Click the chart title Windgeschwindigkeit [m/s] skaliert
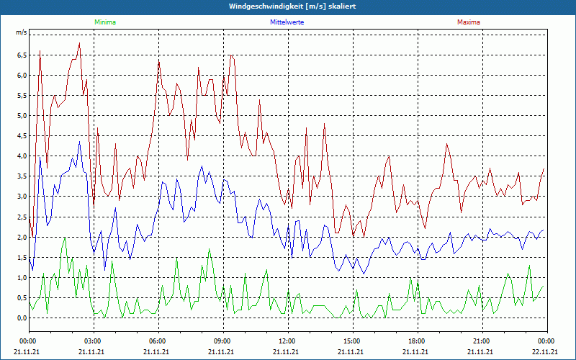click(287, 6)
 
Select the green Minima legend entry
click(104, 22)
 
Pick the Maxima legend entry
click(469, 22)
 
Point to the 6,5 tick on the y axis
click(22, 55)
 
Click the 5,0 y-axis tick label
click(22, 116)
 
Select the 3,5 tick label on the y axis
click(22, 176)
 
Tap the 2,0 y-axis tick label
click(22, 237)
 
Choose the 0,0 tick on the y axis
click(22, 318)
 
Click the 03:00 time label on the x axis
click(93, 341)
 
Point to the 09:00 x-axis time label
click(222, 341)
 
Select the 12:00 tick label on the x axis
click(287, 341)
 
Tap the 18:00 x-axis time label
click(417, 341)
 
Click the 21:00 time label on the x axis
click(482, 341)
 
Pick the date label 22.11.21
click(545, 352)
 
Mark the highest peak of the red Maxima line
click(79, 43)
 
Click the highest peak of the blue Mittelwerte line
click(79, 141)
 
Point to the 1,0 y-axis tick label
click(22, 278)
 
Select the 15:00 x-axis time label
click(352, 341)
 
